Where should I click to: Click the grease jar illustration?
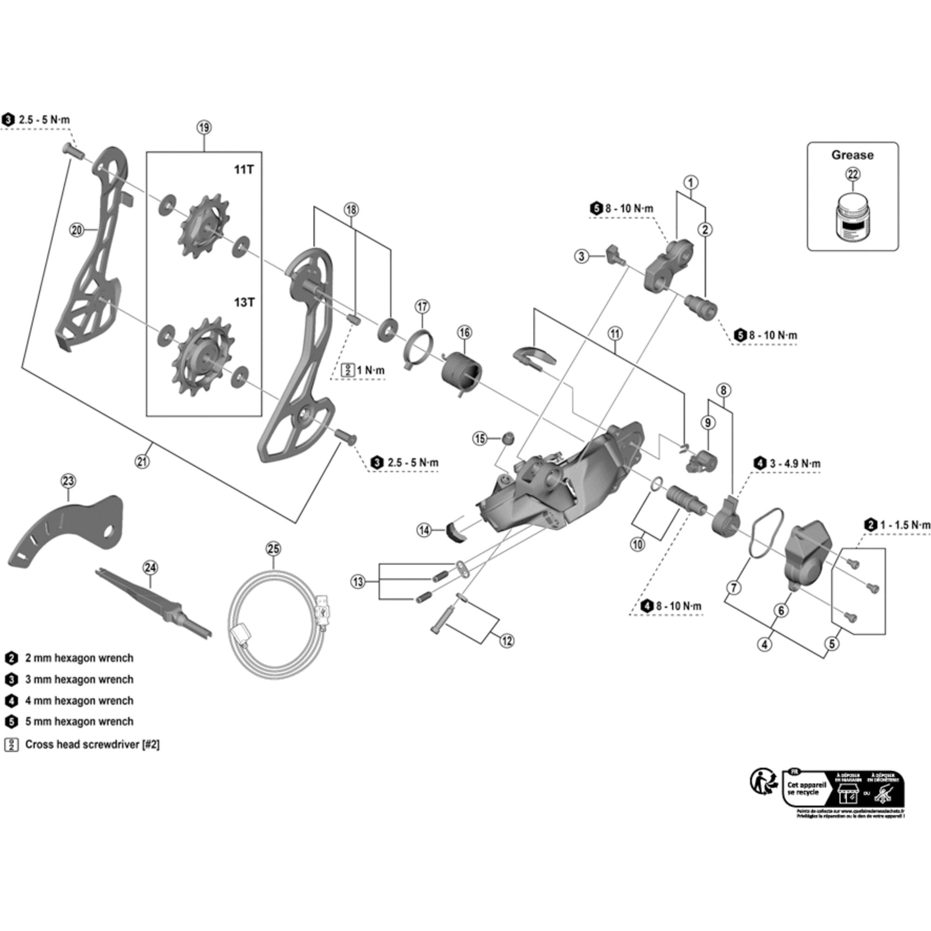click(852, 217)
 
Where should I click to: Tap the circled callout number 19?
click(204, 128)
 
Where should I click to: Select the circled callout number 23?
click(68, 480)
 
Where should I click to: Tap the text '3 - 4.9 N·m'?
click(795, 464)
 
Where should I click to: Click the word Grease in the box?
click(852, 155)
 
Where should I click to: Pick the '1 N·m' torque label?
click(371, 370)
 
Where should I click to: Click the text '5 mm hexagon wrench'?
click(79, 722)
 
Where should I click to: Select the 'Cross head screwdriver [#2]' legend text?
click(92, 744)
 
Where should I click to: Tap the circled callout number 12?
click(506, 641)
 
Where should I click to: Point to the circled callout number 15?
click(480, 439)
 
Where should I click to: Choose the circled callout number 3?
click(581, 256)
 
